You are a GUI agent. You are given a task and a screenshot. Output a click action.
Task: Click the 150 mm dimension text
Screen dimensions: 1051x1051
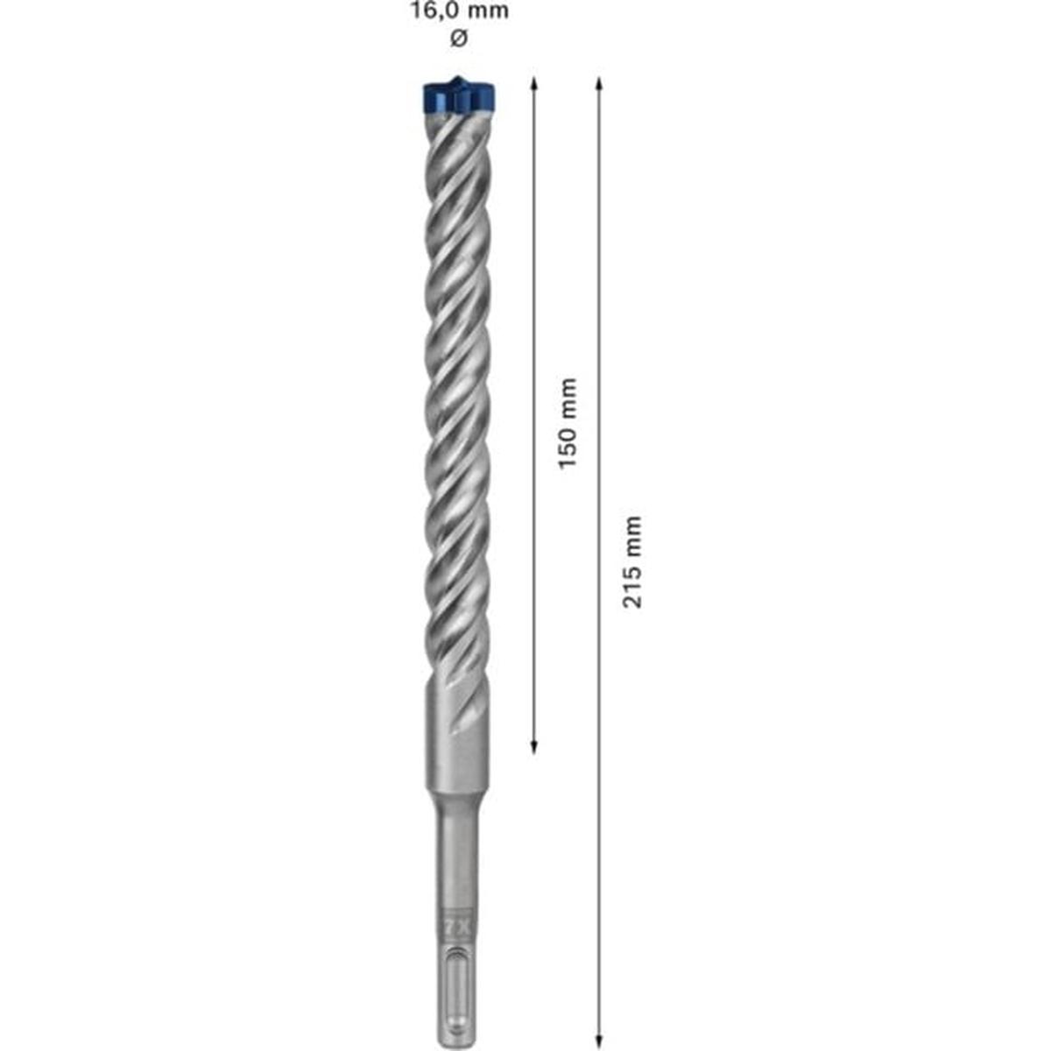pyautogui.click(x=568, y=422)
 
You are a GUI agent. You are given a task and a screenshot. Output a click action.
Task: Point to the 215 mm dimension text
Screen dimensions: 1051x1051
pyautogui.click(x=632, y=561)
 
